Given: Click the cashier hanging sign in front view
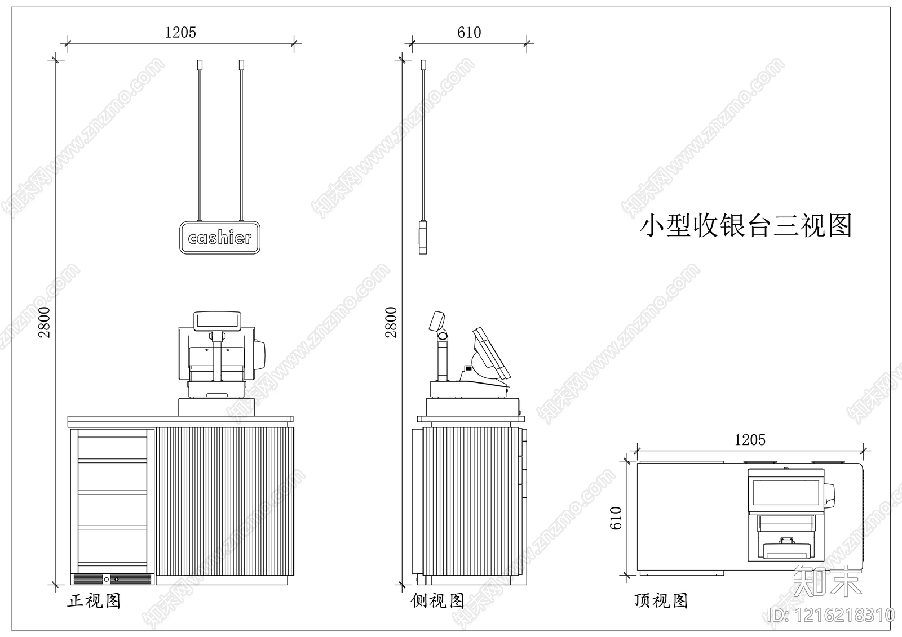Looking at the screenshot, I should pos(219,238).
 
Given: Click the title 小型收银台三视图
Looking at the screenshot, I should pos(745,225).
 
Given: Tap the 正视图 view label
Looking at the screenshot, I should pos(94,601).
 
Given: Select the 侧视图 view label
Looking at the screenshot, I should pos(437,601).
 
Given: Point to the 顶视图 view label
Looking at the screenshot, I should pos(661,601).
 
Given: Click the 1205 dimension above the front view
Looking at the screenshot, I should pos(180,33).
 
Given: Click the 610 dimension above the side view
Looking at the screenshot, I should pos(469,33).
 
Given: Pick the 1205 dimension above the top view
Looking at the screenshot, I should pos(750,440).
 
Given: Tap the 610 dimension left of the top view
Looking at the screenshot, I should pos(616,518).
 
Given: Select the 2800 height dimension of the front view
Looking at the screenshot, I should pos(45,322).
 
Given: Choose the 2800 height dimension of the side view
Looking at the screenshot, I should pos(391,322).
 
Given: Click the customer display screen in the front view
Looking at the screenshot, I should pos(218,321).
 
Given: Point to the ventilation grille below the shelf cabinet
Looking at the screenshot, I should pos(112,578).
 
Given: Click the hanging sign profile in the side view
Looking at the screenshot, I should pos(423,238).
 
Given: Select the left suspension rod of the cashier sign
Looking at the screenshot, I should pos(199,141).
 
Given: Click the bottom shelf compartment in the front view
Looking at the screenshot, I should pos(112,545).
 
